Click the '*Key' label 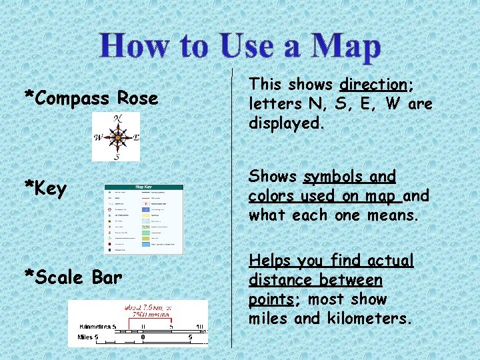pos(45,189)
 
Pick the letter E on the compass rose pos(136,138)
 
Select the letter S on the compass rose pos(117,157)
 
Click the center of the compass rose pos(117,138)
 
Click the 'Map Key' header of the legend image pos(144,187)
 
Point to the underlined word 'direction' pos(373,85)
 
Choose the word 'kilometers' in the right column pos(367,319)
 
